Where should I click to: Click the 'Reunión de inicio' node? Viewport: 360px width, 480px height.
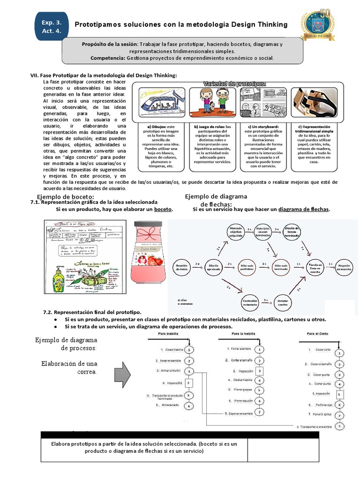182,266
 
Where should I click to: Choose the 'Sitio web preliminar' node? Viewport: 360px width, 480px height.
248,266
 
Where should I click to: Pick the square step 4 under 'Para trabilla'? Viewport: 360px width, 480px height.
188,383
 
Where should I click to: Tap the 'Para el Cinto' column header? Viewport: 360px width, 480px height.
317,334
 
